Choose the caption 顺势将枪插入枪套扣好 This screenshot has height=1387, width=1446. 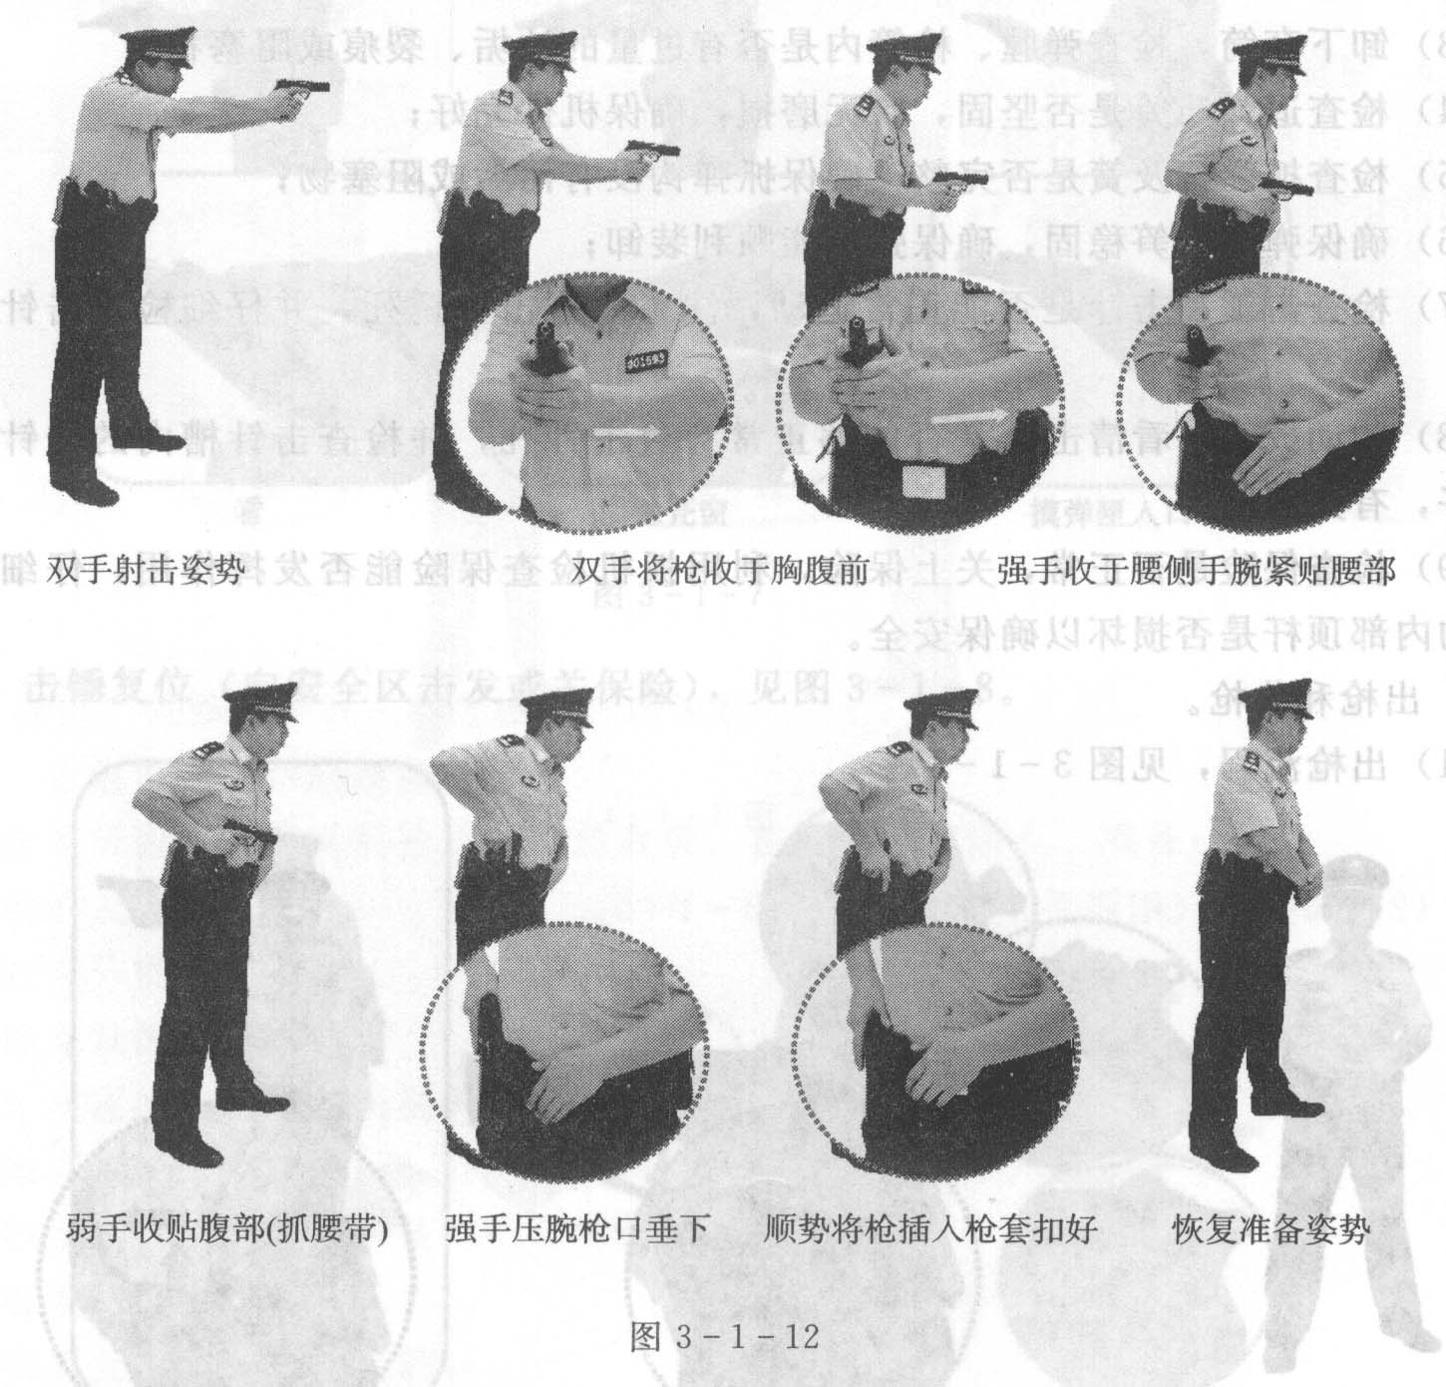[x=929, y=1227]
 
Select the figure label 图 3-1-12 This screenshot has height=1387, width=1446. [x=725, y=1336]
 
